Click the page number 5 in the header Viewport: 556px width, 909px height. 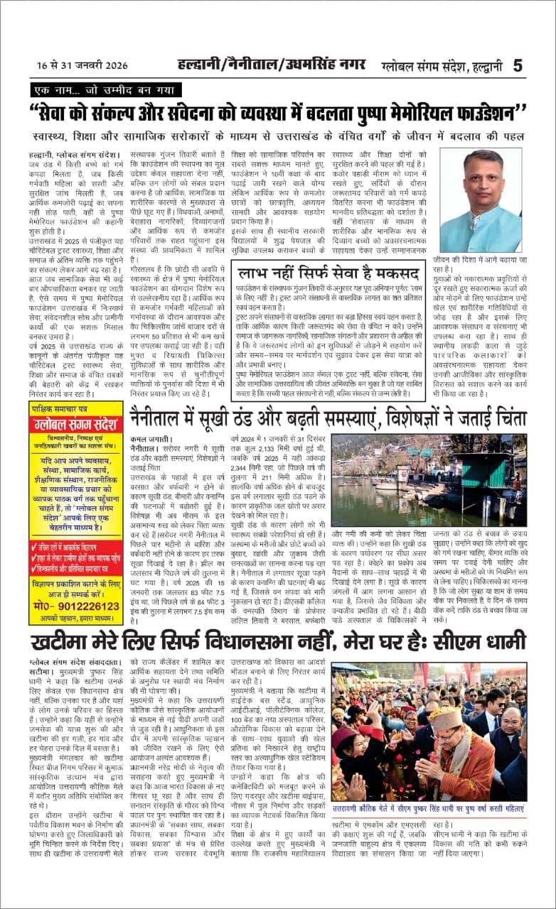(517, 65)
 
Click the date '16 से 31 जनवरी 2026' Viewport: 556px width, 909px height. (82, 66)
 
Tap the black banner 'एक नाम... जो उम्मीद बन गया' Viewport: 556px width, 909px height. (106, 91)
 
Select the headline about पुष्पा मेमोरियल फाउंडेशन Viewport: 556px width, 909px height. (277, 114)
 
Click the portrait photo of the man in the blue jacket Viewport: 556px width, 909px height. (481, 200)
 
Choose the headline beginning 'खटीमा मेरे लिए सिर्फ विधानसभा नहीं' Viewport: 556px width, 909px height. (277, 643)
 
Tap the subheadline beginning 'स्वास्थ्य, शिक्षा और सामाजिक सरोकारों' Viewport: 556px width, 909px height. (277, 135)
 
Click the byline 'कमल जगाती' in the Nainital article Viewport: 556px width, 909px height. (148, 440)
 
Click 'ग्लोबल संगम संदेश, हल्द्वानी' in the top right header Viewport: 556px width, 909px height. (449, 66)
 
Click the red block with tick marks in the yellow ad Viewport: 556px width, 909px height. (75, 559)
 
